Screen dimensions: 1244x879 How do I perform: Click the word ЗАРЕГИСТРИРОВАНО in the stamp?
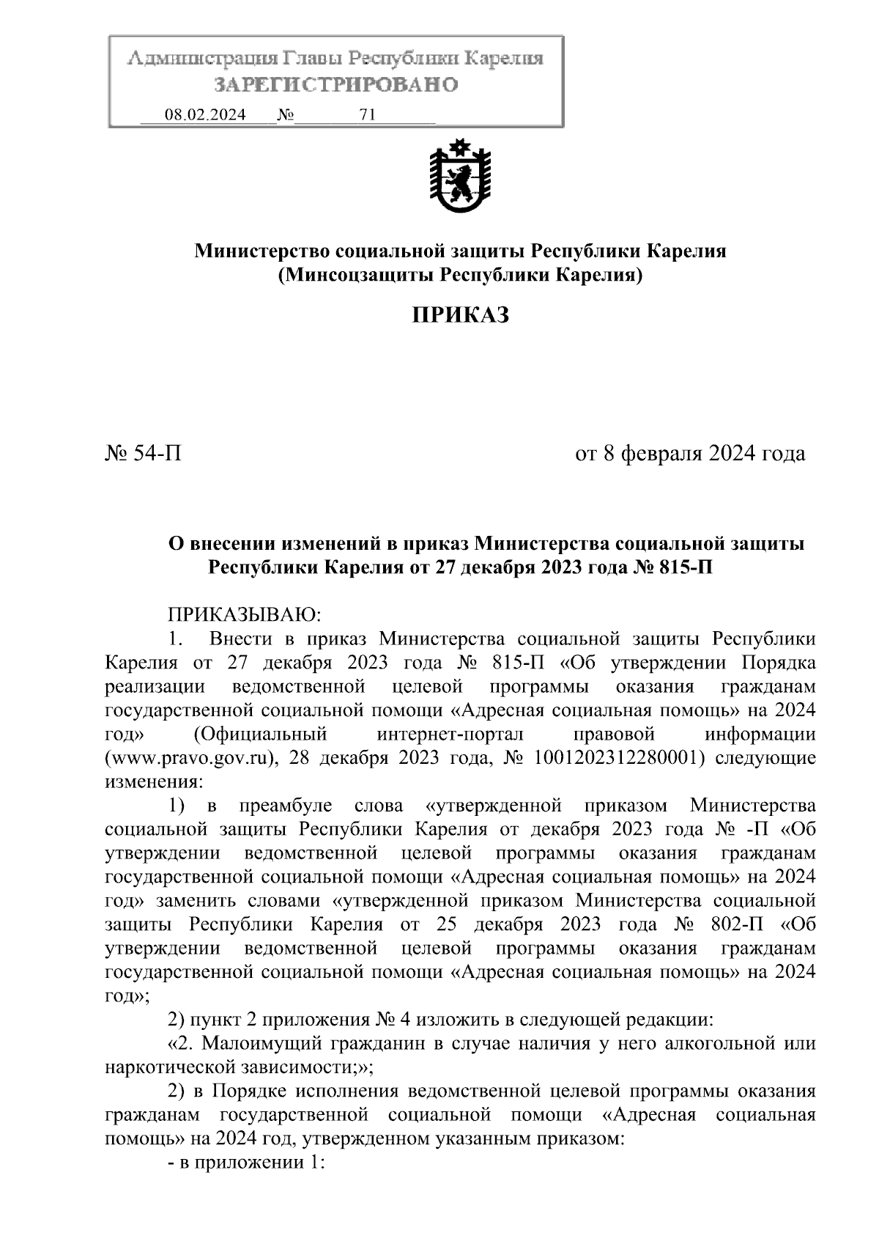[335, 85]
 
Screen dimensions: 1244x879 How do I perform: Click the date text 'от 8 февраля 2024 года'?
[690, 454]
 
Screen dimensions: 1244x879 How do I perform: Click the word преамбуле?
[286, 806]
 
